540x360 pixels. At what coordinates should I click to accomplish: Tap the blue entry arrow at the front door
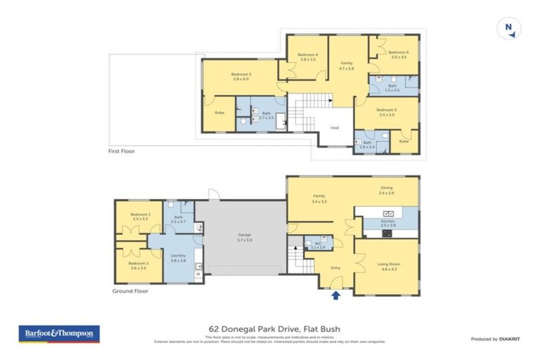335,296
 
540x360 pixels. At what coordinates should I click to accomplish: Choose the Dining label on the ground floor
386,188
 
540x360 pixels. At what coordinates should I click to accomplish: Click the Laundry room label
179,257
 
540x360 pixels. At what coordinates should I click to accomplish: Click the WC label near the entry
317,244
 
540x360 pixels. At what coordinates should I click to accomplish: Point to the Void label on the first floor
334,128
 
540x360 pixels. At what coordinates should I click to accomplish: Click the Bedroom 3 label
241,75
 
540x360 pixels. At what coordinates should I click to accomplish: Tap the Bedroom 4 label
307,56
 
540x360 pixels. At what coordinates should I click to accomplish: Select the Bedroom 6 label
398,52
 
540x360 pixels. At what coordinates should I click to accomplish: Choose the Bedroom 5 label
386,110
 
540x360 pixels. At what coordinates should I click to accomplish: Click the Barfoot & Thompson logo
58,333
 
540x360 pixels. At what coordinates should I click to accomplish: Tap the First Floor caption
121,151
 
